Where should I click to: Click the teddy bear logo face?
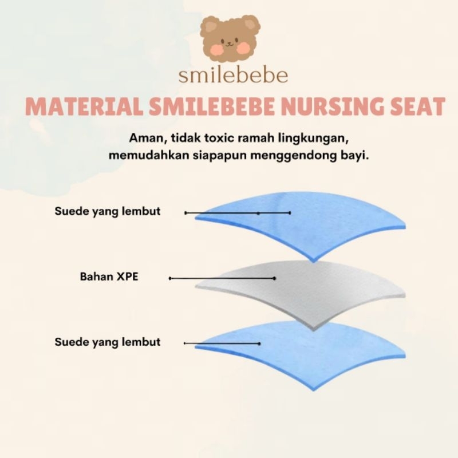[230, 38]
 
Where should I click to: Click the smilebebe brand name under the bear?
[233, 76]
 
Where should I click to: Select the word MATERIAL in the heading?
[84, 106]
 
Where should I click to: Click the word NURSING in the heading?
[331, 106]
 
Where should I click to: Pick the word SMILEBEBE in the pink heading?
[211, 106]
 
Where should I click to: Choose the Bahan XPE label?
[109, 277]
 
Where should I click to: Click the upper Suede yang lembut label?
[108, 211]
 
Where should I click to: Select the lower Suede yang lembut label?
[108, 342]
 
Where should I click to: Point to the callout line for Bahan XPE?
[222, 278]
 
